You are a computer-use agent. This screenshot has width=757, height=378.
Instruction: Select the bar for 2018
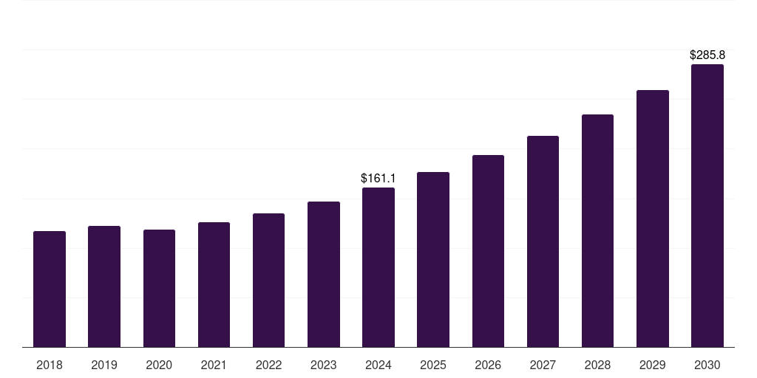50,289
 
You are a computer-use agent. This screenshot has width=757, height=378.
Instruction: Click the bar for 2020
159,289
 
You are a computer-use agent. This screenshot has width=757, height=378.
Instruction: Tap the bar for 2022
268,281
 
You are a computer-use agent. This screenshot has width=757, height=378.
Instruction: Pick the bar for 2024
378,267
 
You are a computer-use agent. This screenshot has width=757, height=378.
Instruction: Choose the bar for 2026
488,251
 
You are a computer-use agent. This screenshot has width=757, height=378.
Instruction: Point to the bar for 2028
597,231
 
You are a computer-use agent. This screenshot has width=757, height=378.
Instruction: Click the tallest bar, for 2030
707,206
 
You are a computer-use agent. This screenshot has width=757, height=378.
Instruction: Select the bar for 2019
104,286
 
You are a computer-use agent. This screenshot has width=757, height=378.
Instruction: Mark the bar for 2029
653,219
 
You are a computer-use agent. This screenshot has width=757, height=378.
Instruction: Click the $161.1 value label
378,179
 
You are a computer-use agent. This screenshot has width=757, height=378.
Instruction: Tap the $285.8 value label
707,55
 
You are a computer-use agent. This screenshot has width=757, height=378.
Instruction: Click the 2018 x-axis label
50,365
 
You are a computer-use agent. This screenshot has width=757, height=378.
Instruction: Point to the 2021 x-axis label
214,365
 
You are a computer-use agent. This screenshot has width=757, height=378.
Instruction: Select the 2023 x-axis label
323,365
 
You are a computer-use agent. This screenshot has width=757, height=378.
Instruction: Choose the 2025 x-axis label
433,365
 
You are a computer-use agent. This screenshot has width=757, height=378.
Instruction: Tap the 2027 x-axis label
543,365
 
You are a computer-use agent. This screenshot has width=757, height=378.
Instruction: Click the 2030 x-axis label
707,365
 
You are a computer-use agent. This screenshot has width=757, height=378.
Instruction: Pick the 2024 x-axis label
378,365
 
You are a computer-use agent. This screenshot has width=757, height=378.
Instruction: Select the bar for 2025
433,260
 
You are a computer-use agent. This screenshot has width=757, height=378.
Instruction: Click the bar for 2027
543,241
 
